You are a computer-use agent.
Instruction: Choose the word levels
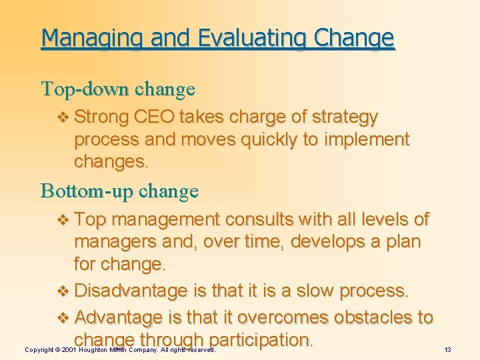click(x=382, y=219)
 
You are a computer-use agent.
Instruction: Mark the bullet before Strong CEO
click(x=63, y=118)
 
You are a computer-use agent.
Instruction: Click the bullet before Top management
click(x=63, y=219)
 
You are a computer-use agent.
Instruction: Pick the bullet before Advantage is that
click(x=63, y=318)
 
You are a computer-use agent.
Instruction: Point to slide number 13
click(x=448, y=349)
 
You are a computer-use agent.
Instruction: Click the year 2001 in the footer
click(x=69, y=349)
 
